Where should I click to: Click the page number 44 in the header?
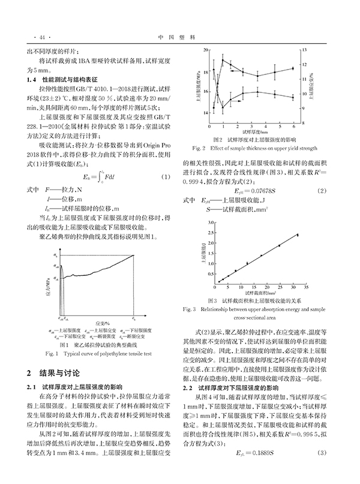click(x=31, y=37)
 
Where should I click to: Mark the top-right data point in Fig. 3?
click(x=297, y=235)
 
